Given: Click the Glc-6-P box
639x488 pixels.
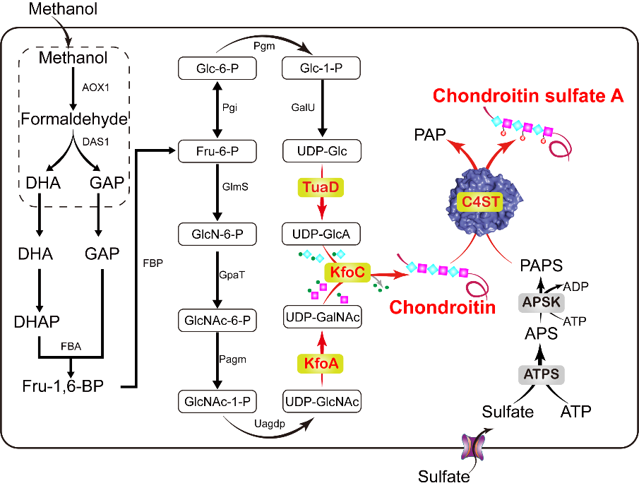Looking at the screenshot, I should (216, 69).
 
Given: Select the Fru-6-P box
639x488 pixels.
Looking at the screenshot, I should (216, 150).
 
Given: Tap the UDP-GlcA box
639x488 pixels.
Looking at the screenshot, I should (321, 233).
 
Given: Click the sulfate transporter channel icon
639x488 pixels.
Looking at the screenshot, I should (470, 448).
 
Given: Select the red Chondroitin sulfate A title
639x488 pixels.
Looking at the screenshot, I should (528, 96).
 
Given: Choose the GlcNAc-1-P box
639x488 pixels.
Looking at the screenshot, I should (216, 400).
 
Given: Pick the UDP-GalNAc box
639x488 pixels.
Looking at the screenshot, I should (321, 317).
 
